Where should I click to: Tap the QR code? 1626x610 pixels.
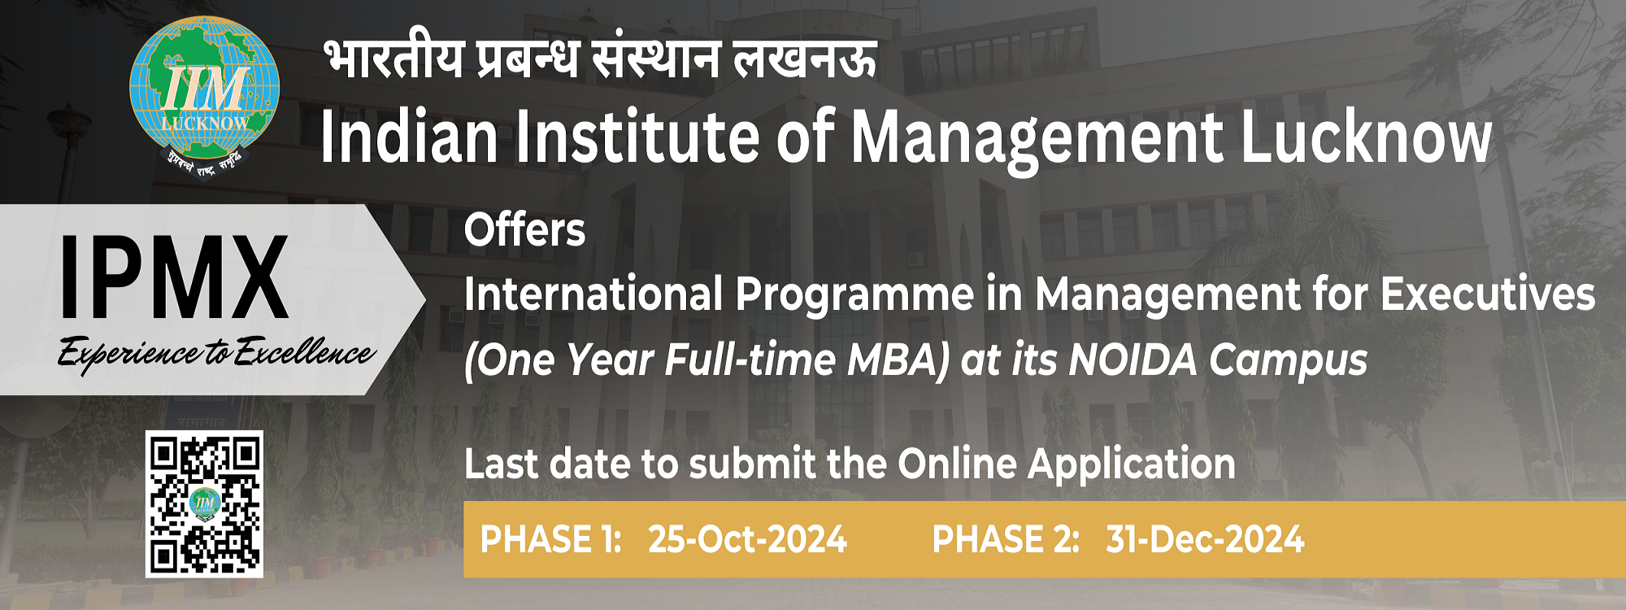coord(204,504)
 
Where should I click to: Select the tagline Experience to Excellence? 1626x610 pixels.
coord(215,354)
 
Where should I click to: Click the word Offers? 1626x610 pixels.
coord(524,230)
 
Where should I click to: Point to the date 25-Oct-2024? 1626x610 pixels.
coord(747,540)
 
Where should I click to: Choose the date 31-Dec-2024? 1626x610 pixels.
coord(1205,540)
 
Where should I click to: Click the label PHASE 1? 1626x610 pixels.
coord(550,540)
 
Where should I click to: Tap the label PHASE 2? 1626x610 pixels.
coord(1006,540)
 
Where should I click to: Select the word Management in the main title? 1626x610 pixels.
coord(1037,138)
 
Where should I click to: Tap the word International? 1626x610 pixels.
coord(593,294)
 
